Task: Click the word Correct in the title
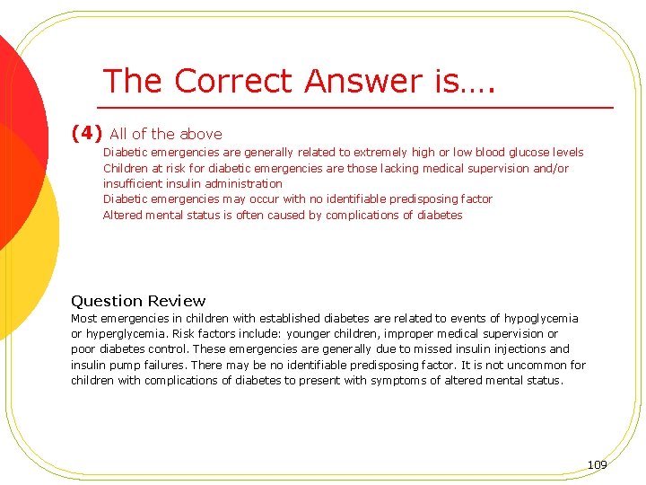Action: [x=235, y=81]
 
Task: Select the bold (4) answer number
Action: [x=87, y=133]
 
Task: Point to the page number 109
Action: [x=597, y=464]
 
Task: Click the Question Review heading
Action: [x=138, y=301]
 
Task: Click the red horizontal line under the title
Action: [x=359, y=108]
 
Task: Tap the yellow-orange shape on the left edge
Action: [x=27, y=225]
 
